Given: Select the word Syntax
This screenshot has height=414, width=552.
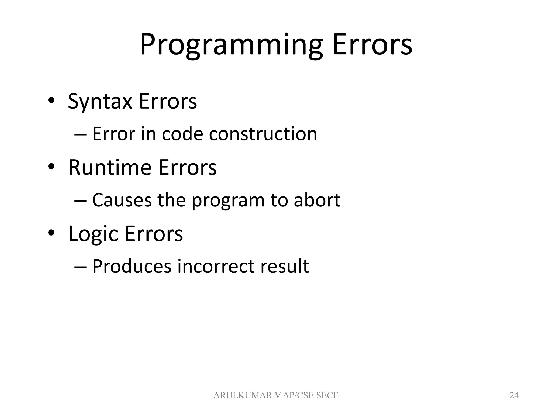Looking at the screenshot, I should click(100, 102).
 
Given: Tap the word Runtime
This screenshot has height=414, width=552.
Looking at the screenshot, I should click(110, 168).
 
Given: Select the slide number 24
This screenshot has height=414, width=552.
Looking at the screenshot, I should click(514, 395).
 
